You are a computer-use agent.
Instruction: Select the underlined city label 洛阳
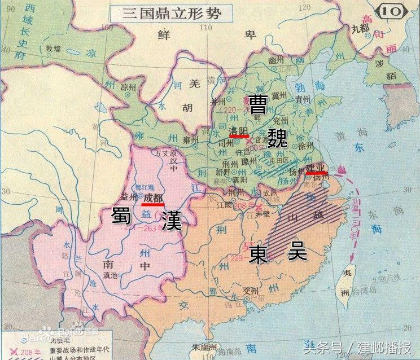(x=239, y=131)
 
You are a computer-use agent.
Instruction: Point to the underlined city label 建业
(x=316, y=168)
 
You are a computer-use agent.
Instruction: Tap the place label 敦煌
(x=53, y=49)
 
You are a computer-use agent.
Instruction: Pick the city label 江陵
(x=225, y=205)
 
